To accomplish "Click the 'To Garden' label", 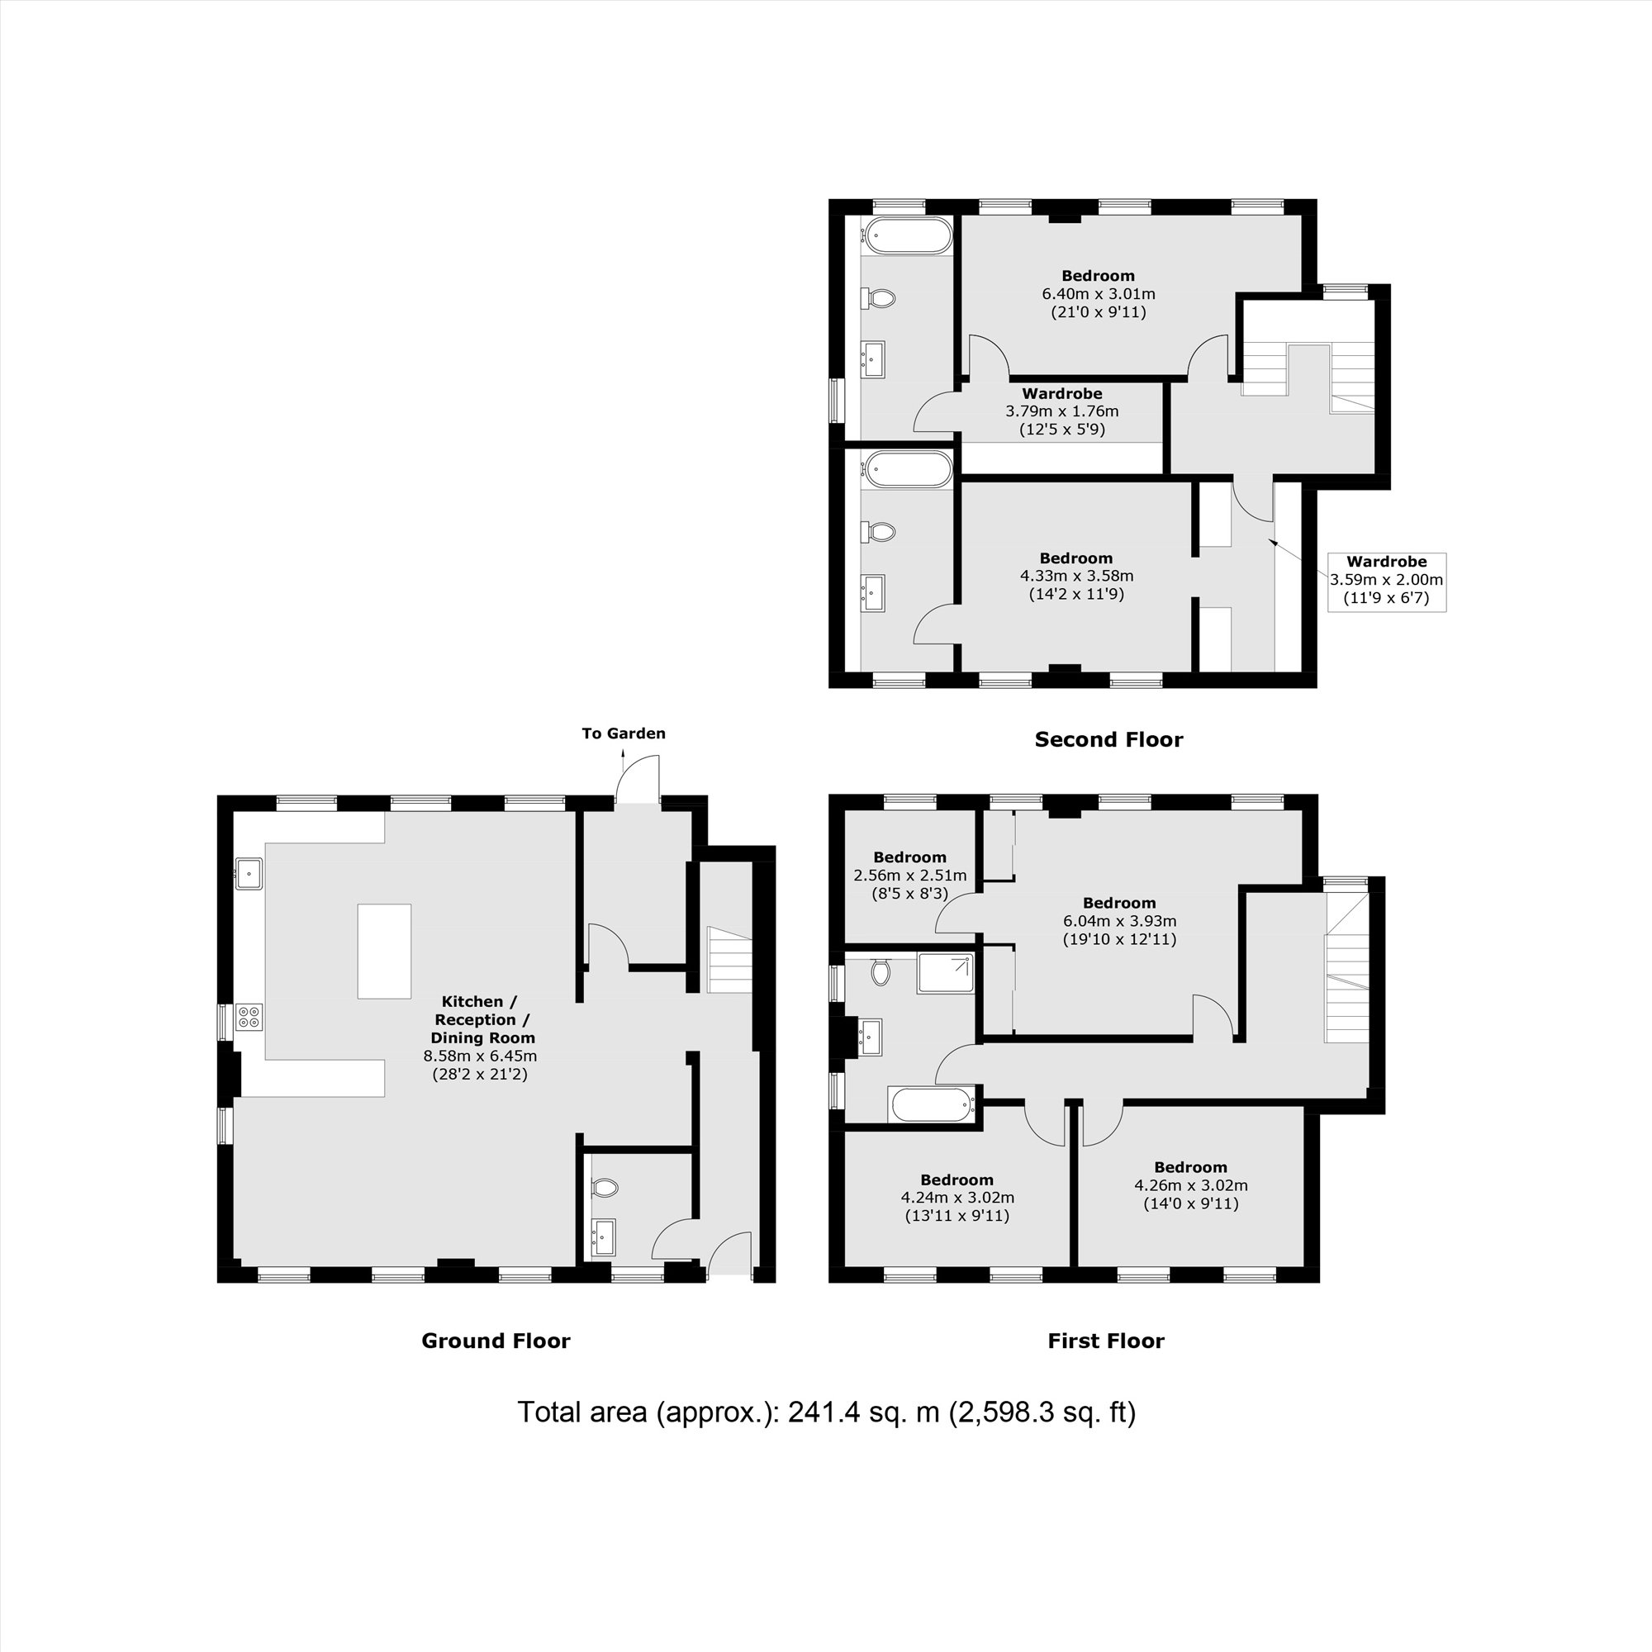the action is [624, 733].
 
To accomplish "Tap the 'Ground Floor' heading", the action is [496, 1341].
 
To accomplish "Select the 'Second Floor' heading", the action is [1108, 739].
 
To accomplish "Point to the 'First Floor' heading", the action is [1106, 1341].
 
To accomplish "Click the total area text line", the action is [826, 1412].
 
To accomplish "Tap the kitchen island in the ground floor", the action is [384, 951].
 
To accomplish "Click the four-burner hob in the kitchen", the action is [249, 1017].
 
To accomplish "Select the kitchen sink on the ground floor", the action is [249, 872].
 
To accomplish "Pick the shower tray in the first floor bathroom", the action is [946, 974].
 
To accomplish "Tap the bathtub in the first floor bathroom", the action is [932, 1104].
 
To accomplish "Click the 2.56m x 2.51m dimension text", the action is [909, 876].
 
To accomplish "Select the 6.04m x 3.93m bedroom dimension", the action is [1119, 921].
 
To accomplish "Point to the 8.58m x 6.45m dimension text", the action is [481, 1056].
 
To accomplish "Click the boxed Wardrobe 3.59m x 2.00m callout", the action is [1386, 582].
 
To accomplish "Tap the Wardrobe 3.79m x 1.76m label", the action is [1062, 411].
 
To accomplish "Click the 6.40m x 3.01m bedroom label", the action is [1098, 294].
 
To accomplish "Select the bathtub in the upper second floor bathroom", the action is [907, 235].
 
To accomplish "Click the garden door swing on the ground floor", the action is [638, 777].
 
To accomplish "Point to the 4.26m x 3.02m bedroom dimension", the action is [1190, 1185].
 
